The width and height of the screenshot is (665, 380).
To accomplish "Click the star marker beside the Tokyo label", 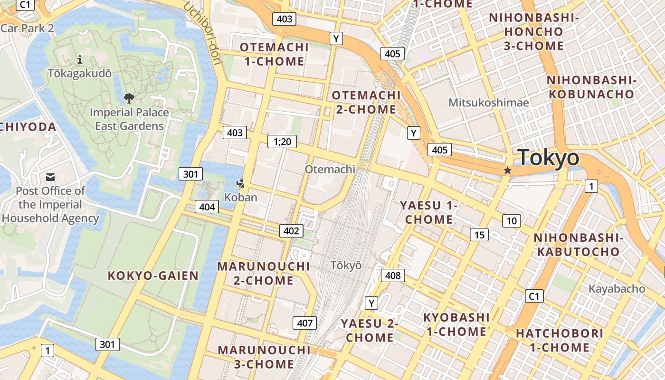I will [x=507, y=170].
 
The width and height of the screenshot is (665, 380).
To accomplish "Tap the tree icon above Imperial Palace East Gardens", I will [x=128, y=98].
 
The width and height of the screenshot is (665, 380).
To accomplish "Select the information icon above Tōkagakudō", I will [x=80, y=59].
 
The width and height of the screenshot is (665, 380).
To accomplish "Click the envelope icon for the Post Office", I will [x=50, y=177].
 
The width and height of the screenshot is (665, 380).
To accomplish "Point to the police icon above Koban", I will [x=241, y=183].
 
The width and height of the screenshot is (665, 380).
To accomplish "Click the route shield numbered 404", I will [x=207, y=207].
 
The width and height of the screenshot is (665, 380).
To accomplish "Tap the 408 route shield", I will [x=393, y=275].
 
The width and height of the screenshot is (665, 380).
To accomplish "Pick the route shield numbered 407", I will [x=304, y=323].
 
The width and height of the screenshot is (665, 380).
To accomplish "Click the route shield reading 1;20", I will [x=282, y=141].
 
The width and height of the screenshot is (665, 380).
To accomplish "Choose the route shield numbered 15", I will [x=479, y=235].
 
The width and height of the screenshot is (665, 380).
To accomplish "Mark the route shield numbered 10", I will [x=512, y=221].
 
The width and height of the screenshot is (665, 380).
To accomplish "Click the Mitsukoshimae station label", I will [x=489, y=102].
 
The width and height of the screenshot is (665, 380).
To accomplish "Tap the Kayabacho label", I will [x=617, y=289].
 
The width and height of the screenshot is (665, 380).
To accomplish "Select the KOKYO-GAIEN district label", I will [x=153, y=275].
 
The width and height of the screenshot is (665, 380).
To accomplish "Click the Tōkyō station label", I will [x=346, y=266].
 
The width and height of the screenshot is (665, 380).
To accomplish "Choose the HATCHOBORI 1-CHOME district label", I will [x=560, y=340].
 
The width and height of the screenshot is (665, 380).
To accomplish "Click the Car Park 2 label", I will [x=27, y=28].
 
